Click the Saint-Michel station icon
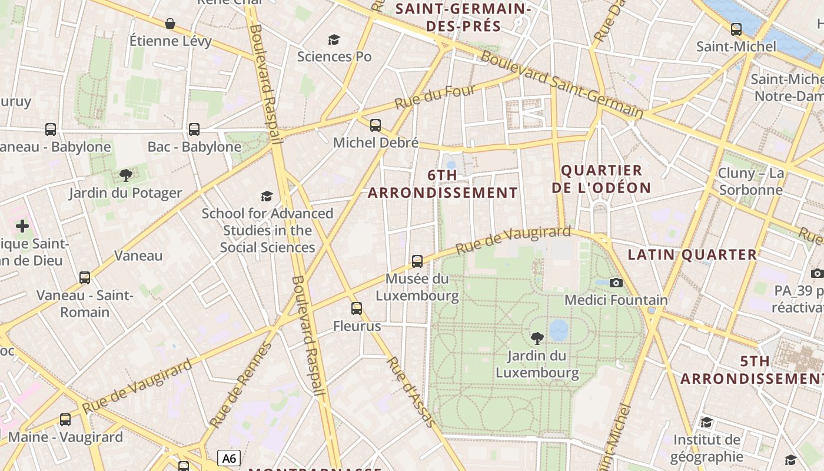pyautogui.click(x=736, y=29)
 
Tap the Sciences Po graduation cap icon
pyautogui.click(x=334, y=39)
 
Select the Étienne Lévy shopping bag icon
pyautogui.click(x=170, y=24)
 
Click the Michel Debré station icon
pyautogui.click(x=376, y=125)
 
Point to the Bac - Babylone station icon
pyautogui.click(x=194, y=129)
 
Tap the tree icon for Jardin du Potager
pyautogui.click(x=125, y=175)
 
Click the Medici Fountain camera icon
pyautogui.click(x=616, y=283)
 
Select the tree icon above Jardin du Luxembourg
pyautogui.click(x=537, y=338)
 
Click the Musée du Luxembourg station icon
pyautogui.click(x=417, y=261)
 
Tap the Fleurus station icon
pyautogui.click(x=357, y=308)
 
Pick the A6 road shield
pyautogui.click(x=229, y=458)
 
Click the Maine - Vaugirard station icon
pyautogui.click(x=65, y=420)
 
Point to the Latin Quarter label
pyautogui.click(x=692, y=255)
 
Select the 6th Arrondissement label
pyautogui.click(x=443, y=184)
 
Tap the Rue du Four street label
pyautogui.click(x=434, y=97)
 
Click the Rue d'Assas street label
pyautogui.click(x=411, y=391)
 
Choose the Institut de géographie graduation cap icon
pyautogui.click(x=706, y=422)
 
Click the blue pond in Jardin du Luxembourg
pyautogui.click(x=559, y=330)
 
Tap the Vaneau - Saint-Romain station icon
pyautogui.click(x=85, y=277)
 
